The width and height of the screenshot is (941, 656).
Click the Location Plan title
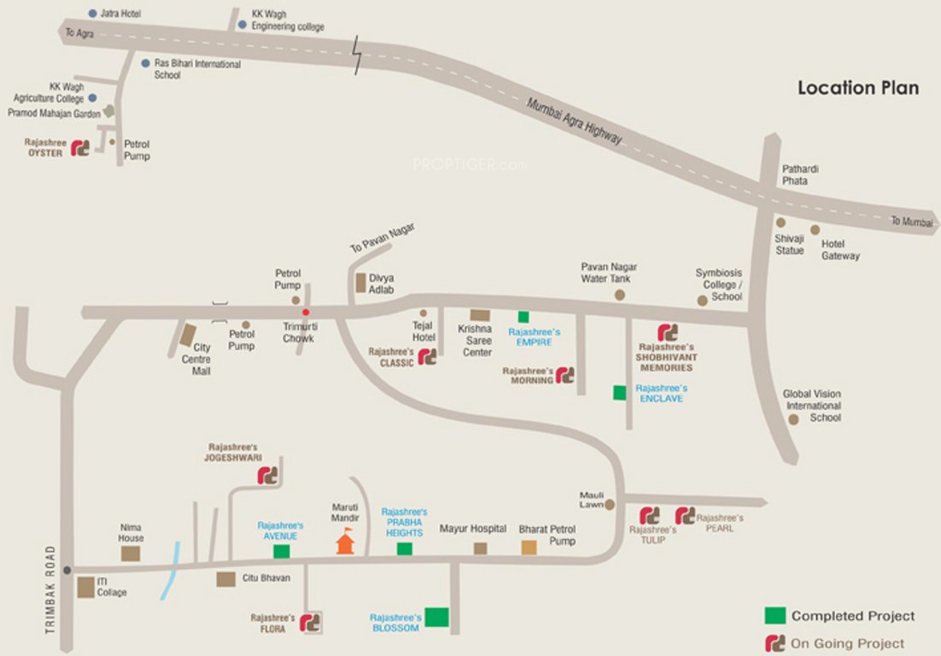tap(858, 88)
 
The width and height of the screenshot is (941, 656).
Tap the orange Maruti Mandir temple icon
tap(345, 542)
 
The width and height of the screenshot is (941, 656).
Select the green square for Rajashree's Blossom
tap(437, 617)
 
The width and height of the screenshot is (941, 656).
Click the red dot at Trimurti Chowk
tap(305, 312)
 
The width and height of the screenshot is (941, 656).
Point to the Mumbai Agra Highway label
tap(574, 122)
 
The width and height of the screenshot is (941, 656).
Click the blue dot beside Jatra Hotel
tap(93, 14)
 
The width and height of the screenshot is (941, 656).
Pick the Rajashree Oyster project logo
tap(80, 148)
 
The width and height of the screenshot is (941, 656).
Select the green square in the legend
tap(774, 615)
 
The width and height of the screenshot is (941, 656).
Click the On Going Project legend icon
tap(774, 642)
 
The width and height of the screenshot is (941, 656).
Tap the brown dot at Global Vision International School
tap(793, 419)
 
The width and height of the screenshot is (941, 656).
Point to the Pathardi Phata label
tap(801, 174)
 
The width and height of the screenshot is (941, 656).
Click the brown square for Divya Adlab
tap(359, 279)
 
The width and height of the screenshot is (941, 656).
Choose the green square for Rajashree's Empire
tap(523, 317)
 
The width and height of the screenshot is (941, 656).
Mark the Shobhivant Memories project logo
tap(667, 331)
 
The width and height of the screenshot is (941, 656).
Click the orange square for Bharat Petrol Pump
tap(529, 548)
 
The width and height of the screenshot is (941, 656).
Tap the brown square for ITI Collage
tap(85, 587)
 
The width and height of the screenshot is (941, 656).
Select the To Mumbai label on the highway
tap(912, 221)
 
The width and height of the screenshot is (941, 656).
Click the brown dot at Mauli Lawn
tap(610, 504)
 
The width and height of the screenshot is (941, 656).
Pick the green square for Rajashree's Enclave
tap(619, 392)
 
